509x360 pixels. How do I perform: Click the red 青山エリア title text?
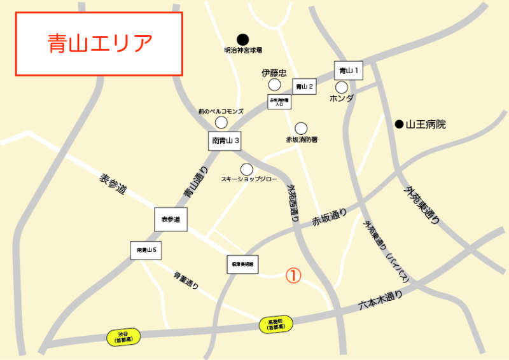[x=100, y=43]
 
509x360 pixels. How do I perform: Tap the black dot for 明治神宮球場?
[x=242, y=39]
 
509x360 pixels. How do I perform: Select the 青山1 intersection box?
[x=349, y=71]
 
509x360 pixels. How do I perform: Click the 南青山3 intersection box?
[x=225, y=141]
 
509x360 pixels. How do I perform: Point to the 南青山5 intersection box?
[x=146, y=251]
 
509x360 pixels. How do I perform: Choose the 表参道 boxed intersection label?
[x=171, y=219]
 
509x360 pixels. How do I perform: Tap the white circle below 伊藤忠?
[x=274, y=85]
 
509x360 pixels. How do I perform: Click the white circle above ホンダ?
[x=342, y=87]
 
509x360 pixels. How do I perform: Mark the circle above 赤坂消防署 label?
[x=301, y=128]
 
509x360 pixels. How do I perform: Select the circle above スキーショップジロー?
[x=247, y=169]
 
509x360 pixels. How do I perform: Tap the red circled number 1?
[x=293, y=275]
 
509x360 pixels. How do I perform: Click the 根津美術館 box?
[x=242, y=265]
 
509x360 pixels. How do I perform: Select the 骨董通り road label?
[x=186, y=280]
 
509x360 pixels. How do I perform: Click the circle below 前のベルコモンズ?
[x=221, y=122]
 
